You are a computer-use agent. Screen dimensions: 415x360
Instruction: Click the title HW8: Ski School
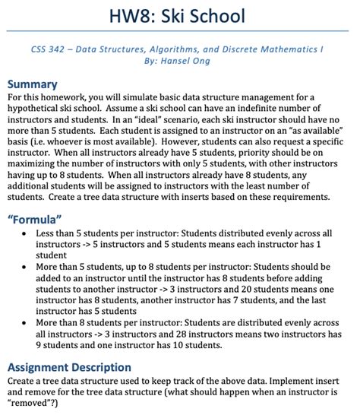(180, 14)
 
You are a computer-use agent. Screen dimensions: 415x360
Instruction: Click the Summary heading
(33, 84)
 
